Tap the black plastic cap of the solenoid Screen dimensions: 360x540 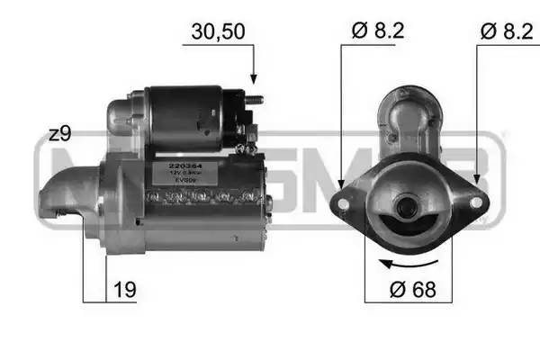(236, 112)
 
